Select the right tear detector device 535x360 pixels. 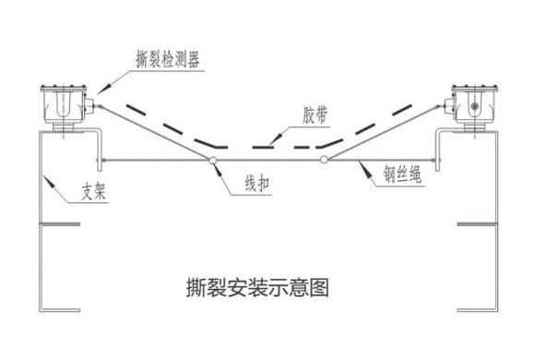click(472, 103)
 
